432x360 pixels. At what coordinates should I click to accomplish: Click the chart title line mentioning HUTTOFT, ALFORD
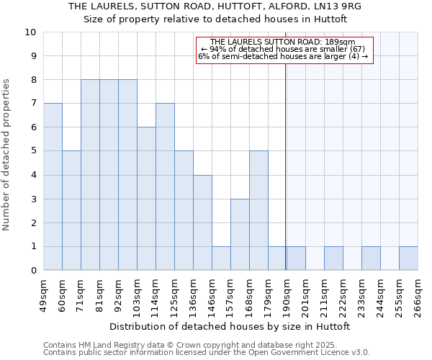[215, 6]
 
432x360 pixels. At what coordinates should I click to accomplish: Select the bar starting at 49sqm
[53, 186]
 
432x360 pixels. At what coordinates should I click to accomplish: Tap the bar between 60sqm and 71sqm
[71, 210]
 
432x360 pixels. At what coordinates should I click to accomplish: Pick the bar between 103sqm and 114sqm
[146, 199]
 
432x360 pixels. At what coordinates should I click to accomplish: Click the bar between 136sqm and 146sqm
[202, 222]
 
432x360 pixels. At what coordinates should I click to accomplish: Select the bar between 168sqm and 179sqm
[258, 210]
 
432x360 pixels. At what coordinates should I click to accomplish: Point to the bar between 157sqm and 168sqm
[240, 234]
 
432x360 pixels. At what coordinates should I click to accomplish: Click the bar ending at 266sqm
[408, 258]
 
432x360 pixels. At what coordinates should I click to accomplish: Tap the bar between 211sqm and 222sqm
[333, 258]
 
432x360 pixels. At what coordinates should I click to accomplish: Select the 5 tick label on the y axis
[32, 151]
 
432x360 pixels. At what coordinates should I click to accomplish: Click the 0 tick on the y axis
[32, 270]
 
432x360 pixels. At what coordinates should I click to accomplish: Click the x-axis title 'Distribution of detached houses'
[230, 326]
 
